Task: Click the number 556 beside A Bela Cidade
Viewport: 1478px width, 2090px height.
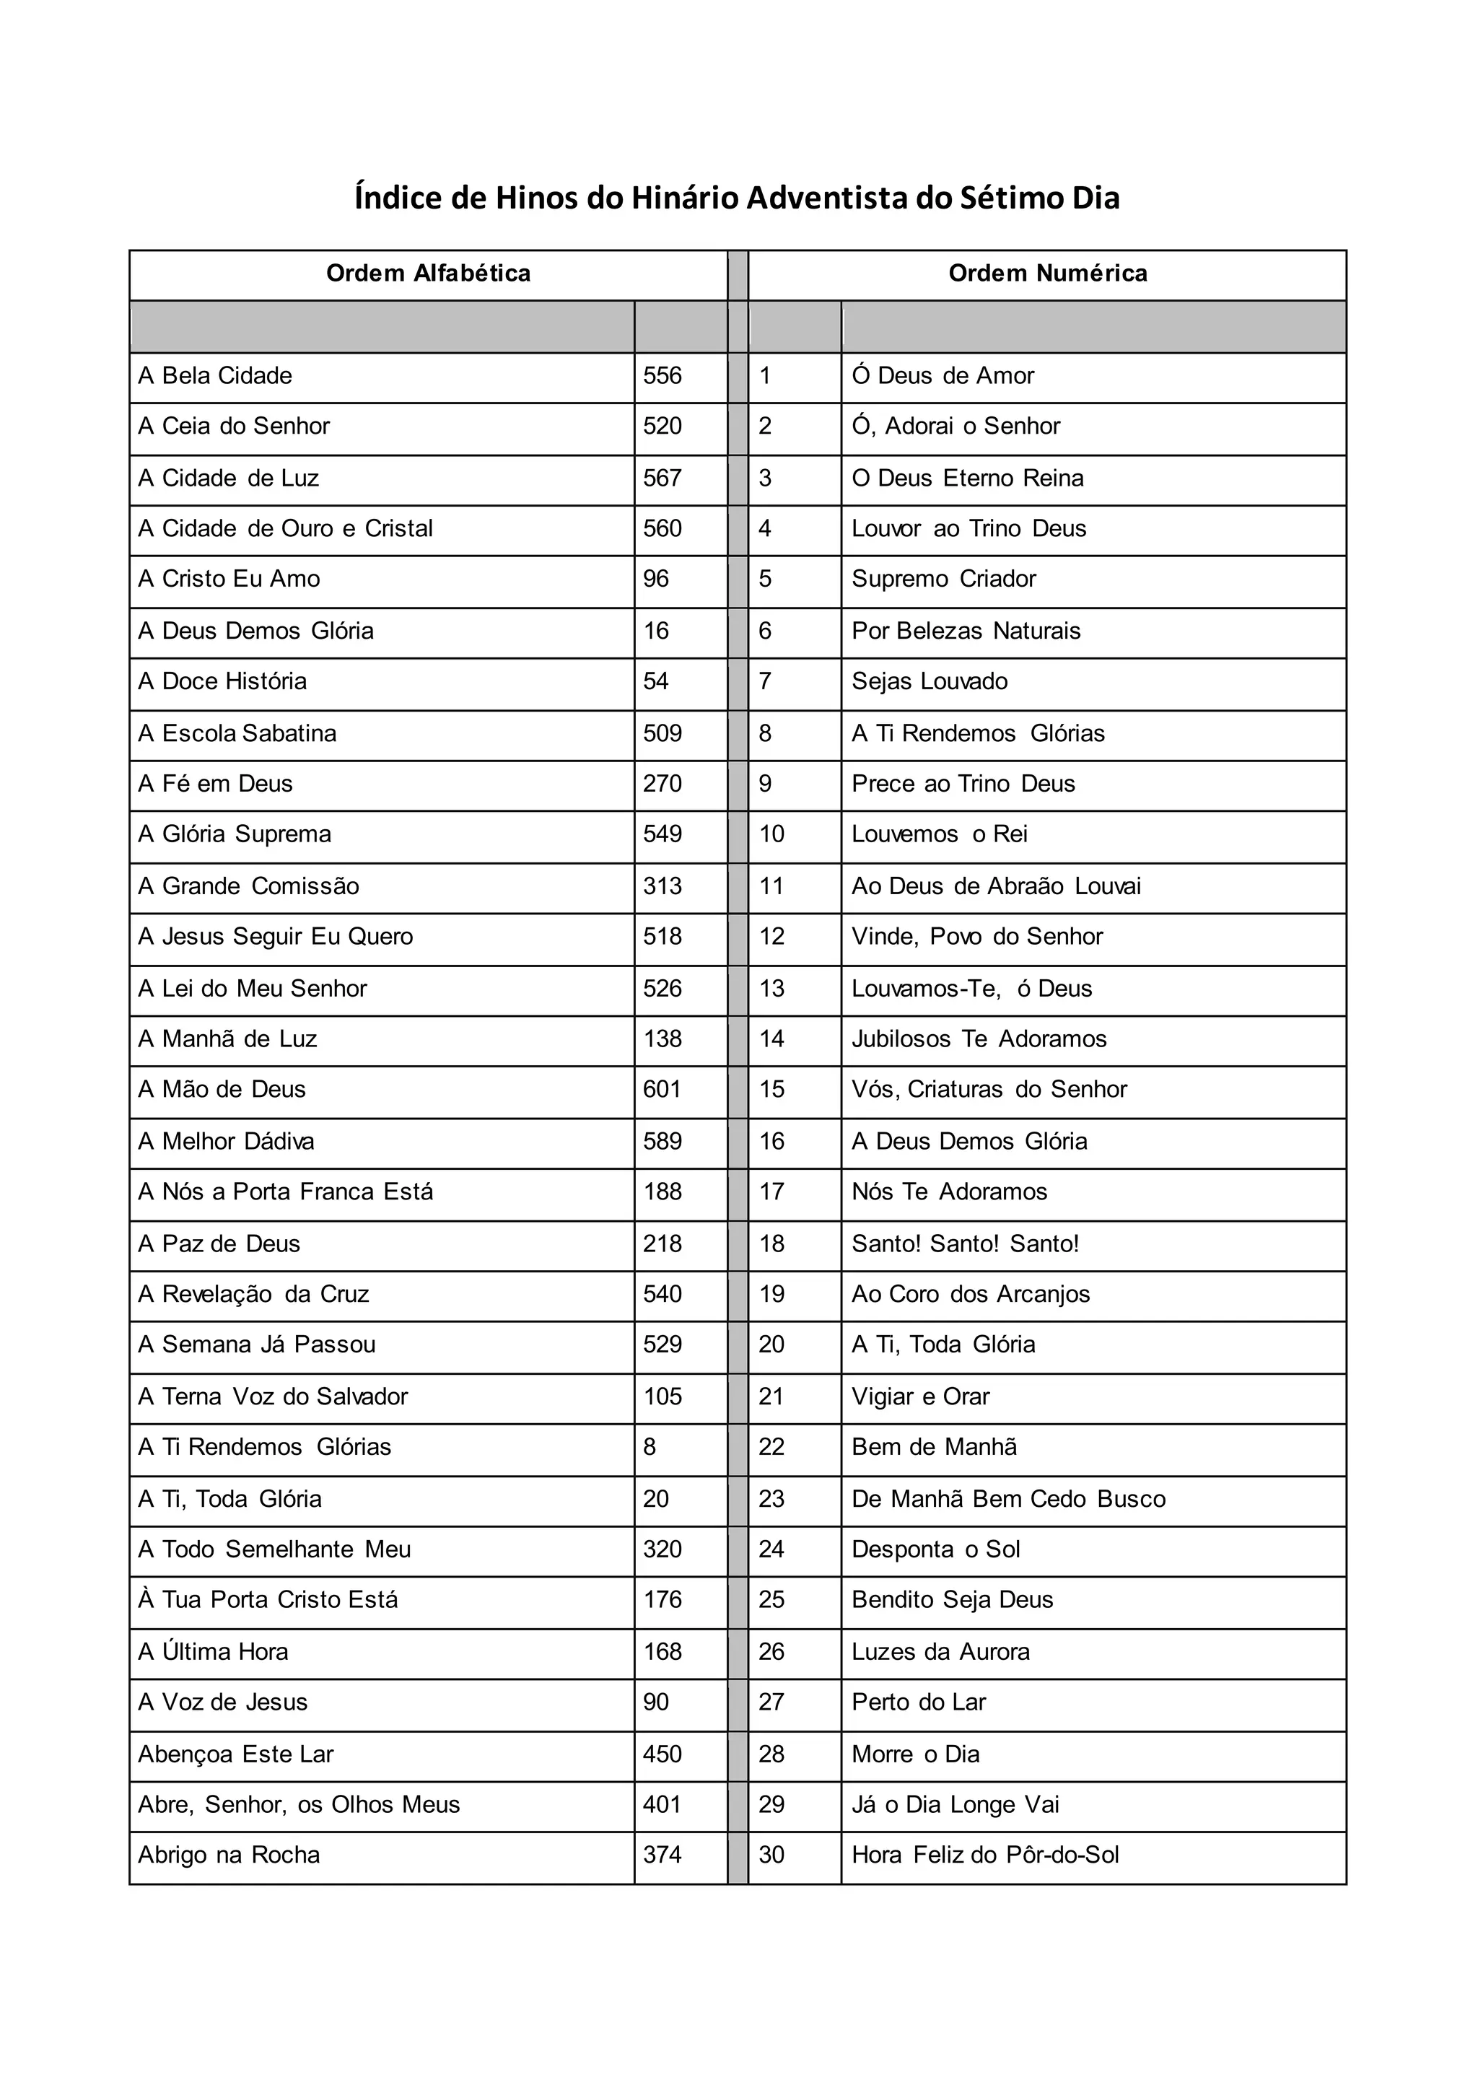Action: tap(662, 376)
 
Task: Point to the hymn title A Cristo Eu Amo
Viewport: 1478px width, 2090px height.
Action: tap(229, 579)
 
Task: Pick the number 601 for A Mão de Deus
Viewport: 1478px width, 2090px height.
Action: tap(662, 1090)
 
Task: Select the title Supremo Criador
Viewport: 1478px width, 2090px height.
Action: tap(944, 579)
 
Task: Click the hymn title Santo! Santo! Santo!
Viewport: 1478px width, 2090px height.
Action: tap(965, 1243)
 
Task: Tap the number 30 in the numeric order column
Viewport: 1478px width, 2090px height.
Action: tap(771, 1855)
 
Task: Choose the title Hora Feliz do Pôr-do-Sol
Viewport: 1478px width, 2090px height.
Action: tap(984, 1855)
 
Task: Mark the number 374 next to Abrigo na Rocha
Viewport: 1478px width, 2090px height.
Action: tap(662, 1855)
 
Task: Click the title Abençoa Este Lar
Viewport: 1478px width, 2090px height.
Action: tap(236, 1754)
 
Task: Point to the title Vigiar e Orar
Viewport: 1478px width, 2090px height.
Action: tap(920, 1396)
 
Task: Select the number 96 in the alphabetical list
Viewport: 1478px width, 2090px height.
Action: tap(655, 579)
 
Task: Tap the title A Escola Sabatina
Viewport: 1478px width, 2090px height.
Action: tap(237, 734)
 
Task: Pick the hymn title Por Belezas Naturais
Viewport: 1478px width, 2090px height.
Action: tap(966, 631)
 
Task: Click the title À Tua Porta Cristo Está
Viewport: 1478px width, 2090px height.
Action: tap(268, 1600)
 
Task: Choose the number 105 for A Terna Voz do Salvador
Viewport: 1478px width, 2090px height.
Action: tap(662, 1396)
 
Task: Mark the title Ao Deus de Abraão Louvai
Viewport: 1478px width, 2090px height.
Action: tap(996, 887)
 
